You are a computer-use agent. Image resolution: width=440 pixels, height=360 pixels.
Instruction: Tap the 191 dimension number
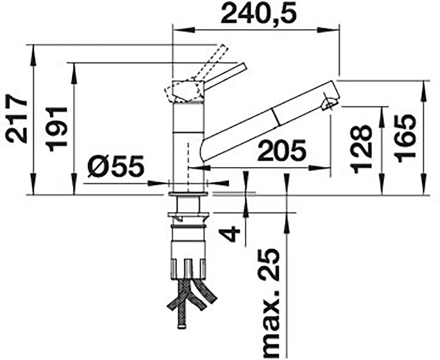coord(57,129)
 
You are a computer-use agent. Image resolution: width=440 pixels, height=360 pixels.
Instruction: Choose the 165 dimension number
coord(406,139)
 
